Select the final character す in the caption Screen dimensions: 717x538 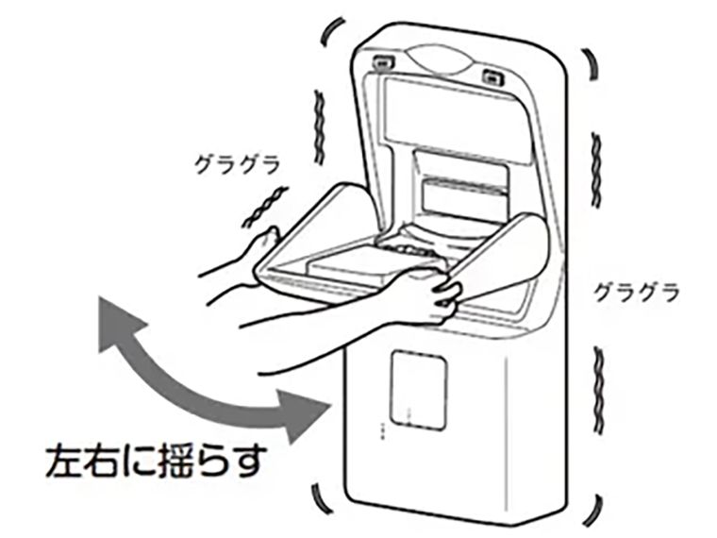(x=246, y=461)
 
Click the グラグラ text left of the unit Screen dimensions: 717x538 (x=237, y=165)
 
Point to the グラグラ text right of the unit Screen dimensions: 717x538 (x=636, y=292)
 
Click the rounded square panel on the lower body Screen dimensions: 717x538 (x=418, y=390)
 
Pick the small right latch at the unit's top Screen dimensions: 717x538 (x=492, y=77)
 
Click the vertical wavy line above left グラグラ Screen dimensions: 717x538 (x=320, y=127)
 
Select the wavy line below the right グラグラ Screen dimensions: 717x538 (x=598, y=390)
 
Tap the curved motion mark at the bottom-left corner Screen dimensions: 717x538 (x=321, y=499)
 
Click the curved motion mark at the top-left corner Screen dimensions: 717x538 (x=330, y=31)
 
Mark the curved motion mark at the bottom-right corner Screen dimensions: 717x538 (x=593, y=511)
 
